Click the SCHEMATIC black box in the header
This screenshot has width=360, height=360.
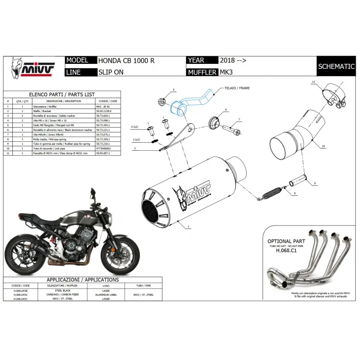pos(337,66)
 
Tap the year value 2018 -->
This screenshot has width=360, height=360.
pos(233,60)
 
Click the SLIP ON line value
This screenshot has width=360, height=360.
pos(110,72)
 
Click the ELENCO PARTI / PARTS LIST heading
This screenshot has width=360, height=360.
pos(62,94)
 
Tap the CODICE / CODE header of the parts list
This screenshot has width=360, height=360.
pos(108,101)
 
